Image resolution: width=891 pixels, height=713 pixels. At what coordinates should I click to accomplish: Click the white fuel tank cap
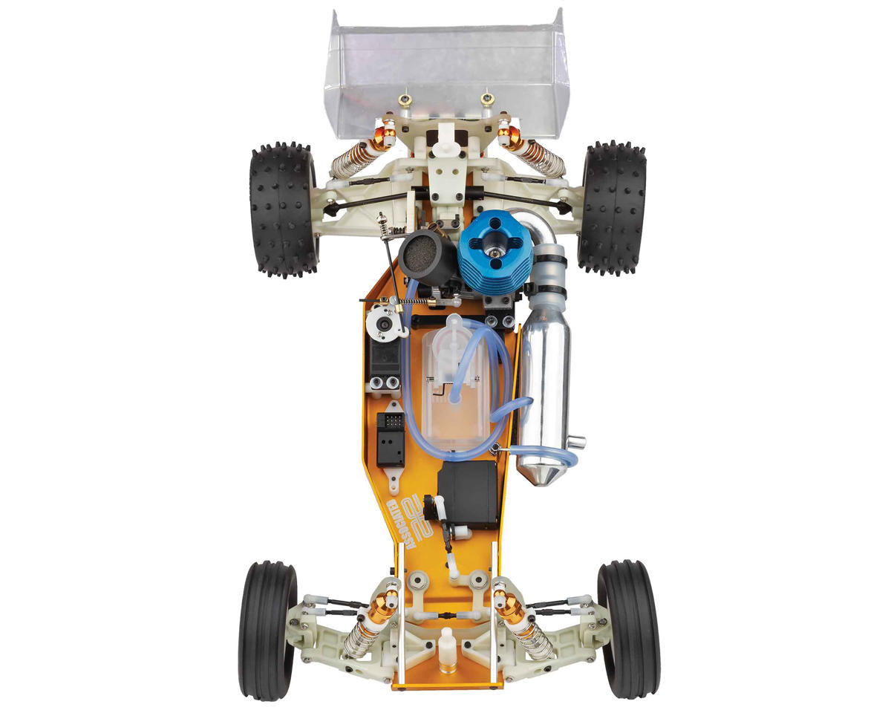point(454,326)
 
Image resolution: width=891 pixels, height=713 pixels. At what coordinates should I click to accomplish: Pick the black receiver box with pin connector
point(391,438)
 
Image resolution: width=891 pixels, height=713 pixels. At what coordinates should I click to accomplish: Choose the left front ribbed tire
point(267,630)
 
